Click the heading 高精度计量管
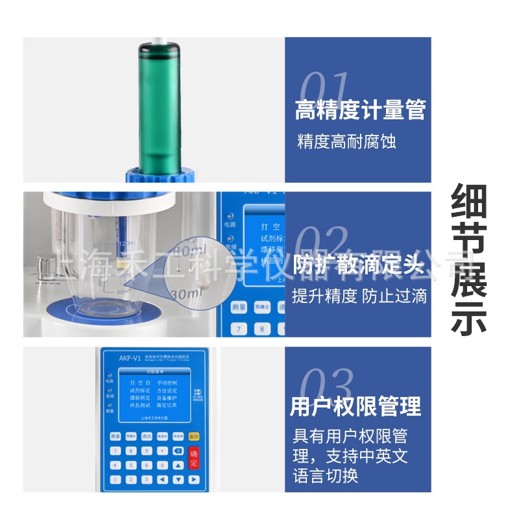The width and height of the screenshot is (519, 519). [x=360, y=110]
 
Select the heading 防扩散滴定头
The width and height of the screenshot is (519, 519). [x=359, y=265]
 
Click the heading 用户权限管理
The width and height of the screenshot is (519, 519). [x=356, y=407]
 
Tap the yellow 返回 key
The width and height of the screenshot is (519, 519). [x=193, y=437]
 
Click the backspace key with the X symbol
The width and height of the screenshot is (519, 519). [x=178, y=450]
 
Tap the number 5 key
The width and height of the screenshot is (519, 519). [x=131, y=465]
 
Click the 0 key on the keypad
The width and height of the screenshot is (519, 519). [x=162, y=465]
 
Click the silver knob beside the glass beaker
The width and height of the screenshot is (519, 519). [x=45, y=265]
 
